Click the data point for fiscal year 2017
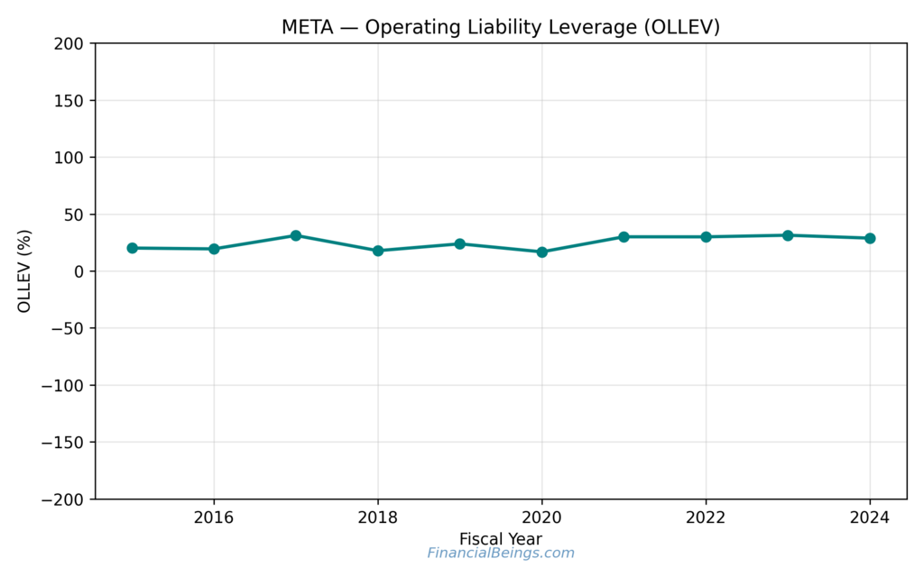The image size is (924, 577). [x=296, y=235]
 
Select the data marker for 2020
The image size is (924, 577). [x=541, y=252]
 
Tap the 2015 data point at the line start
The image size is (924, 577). [x=132, y=248]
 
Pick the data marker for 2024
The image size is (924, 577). [x=870, y=238]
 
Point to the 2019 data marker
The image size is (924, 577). [x=459, y=243]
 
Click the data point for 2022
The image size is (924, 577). [x=706, y=237]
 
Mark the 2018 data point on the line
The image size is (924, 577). [x=378, y=251]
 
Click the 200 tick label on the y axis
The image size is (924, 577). [x=69, y=43]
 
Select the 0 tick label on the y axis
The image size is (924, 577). [x=79, y=271]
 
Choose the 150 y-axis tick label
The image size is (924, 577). [x=69, y=100]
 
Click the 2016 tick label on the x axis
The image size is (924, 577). [x=214, y=517]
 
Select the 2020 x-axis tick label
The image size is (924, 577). [x=541, y=517]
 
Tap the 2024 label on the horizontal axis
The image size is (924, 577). [x=870, y=517]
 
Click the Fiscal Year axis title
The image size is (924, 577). [x=501, y=538]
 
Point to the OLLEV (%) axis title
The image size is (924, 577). [x=24, y=270]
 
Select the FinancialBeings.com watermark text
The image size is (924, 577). [x=501, y=554]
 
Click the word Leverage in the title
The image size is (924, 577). [x=559, y=27]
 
